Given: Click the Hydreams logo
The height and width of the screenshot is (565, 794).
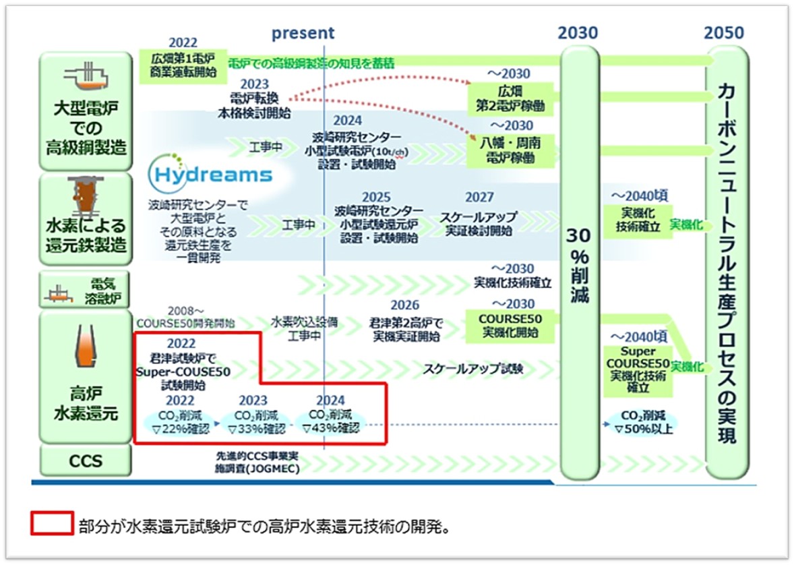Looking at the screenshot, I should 210,174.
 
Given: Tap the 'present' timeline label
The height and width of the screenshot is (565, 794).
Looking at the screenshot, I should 303,33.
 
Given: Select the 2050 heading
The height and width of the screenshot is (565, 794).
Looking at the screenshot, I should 724,33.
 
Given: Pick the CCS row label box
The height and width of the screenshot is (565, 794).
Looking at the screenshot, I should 86,461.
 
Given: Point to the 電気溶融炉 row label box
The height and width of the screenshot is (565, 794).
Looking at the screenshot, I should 86,290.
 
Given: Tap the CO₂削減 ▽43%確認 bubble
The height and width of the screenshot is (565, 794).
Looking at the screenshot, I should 330,421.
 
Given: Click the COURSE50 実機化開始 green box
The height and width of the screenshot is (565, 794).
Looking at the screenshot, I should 510,326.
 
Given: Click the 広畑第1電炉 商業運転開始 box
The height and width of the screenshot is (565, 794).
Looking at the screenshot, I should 182,65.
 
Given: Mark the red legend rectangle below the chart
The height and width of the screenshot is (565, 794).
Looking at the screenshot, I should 51,523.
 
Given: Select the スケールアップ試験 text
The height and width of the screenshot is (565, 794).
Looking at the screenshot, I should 473,369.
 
